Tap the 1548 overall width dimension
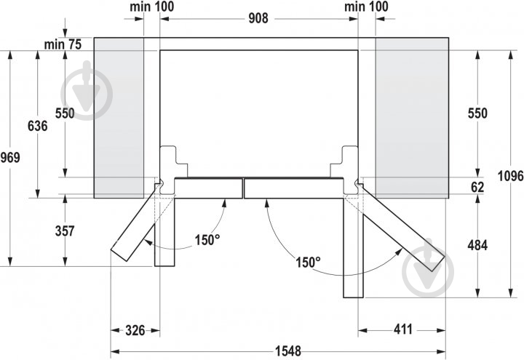288,351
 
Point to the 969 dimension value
10,158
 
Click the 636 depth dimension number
37,126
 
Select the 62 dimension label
477,187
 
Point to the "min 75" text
63,44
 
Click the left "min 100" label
152,7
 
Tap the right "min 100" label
367,7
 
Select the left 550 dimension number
65,113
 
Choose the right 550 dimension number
477,113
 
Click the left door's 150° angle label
206,239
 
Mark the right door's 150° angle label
308,262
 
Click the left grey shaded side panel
119,116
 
